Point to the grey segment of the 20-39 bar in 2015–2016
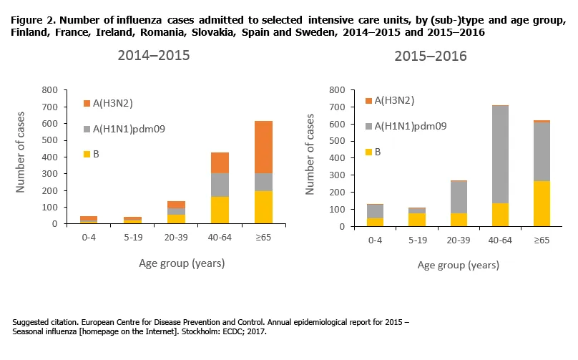(x=459, y=198)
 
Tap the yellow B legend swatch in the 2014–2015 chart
(x=87, y=154)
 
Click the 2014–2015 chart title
(x=154, y=57)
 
